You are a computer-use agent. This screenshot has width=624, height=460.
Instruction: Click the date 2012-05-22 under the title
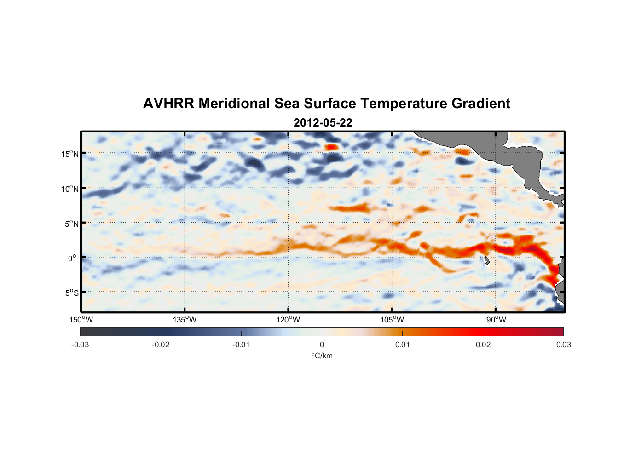click(x=323, y=123)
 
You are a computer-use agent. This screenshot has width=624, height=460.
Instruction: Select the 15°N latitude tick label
click(x=70, y=154)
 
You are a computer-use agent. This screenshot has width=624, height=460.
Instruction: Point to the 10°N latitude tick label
click(x=70, y=189)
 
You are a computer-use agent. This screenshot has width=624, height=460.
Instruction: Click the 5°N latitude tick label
click(x=71, y=224)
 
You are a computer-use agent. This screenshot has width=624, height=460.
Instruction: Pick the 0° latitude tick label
click(x=73, y=258)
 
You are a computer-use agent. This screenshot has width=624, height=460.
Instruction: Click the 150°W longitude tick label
click(x=81, y=320)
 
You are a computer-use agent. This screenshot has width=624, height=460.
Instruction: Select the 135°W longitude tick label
click(x=185, y=320)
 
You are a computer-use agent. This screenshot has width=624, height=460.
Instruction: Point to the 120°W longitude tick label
click(x=289, y=320)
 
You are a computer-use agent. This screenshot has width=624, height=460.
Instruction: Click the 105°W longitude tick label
click(x=392, y=320)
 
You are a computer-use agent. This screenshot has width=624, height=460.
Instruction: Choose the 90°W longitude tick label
click(x=496, y=320)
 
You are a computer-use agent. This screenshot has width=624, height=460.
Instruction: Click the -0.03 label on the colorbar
click(x=80, y=345)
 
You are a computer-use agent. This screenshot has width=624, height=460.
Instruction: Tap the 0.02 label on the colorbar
click(x=483, y=345)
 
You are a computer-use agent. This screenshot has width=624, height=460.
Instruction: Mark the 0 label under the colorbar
click(x=322, y=345)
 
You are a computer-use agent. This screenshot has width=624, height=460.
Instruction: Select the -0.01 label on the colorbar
click(x=241, y=345)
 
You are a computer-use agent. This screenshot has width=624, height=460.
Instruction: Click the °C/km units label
click(x=322, y=356)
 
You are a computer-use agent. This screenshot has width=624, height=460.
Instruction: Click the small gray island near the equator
click(x=487, y=261)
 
